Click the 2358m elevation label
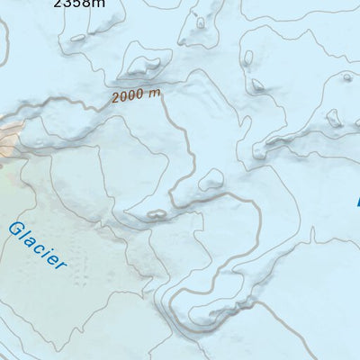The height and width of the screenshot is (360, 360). tap(78, 3)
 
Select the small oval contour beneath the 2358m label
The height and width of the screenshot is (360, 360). tap(78, 38)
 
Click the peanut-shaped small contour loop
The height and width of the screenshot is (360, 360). tap(156, 214)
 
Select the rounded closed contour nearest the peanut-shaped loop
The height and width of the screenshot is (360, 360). tap(212, 180)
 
